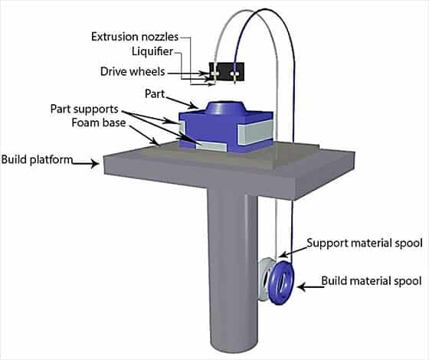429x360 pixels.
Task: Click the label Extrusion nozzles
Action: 135,37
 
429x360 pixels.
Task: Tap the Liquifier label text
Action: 152,51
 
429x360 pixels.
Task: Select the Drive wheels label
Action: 133,71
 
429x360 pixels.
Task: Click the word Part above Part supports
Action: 155,93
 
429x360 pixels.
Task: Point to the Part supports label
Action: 84,109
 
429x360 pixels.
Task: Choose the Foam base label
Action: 99,123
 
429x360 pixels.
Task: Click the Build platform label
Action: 37,159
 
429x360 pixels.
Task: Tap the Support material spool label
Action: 365,243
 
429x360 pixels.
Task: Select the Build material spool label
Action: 372,280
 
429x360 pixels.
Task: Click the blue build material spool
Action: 281,283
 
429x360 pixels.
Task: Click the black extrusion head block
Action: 227,71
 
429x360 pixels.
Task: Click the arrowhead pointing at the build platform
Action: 95,164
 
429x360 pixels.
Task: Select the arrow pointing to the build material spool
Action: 310,287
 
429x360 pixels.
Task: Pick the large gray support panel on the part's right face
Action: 255,133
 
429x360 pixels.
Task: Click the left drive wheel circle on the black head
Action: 215,74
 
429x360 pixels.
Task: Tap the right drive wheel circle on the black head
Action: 233,74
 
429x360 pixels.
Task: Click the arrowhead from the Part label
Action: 195,105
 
